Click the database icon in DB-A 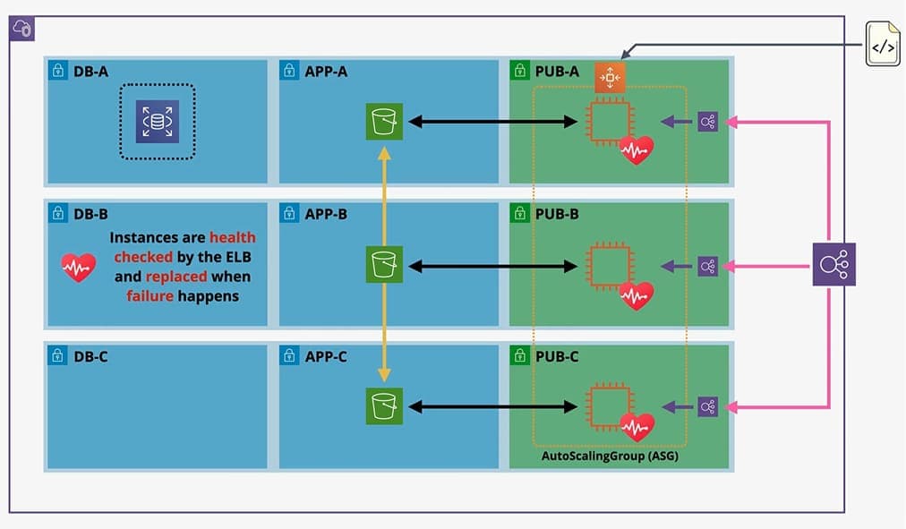pos(157,122)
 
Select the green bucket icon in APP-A pos(384,122)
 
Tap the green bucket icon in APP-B pos(384,266)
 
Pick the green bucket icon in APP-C pos(384,406)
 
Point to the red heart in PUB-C pos(637,428)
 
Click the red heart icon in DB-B pos(79,268)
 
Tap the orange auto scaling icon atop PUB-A pos(611,78)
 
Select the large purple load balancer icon pos(833,265)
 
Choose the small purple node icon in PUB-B pos(707,266)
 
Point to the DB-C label pos(90,356)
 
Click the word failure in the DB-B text pos(150,295)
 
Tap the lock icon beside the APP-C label pos(289,356)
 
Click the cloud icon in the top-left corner pos(22,29)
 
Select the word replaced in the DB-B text pos(176,277)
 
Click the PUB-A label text pos(556,71)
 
